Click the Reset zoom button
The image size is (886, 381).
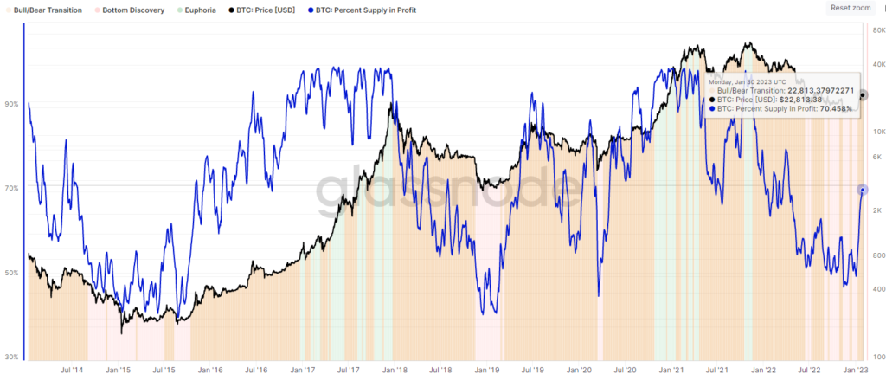click(850, 8)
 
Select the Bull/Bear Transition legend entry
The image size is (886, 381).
click(48, 10)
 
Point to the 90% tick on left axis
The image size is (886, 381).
click(11, 104)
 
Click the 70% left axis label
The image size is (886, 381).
click(11, 188)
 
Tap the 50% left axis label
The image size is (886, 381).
click(11, 273)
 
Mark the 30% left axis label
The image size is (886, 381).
click(11, 357)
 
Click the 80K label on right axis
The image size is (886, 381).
click(875, 29)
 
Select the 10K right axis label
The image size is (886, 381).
click(875, 132)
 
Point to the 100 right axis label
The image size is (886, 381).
click(875, 357)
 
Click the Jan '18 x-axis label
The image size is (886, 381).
click(395, 371)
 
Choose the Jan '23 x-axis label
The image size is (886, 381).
click(857, 371)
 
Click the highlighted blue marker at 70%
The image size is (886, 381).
click(862, 189)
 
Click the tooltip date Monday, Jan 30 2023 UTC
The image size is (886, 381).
click(749, 81)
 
